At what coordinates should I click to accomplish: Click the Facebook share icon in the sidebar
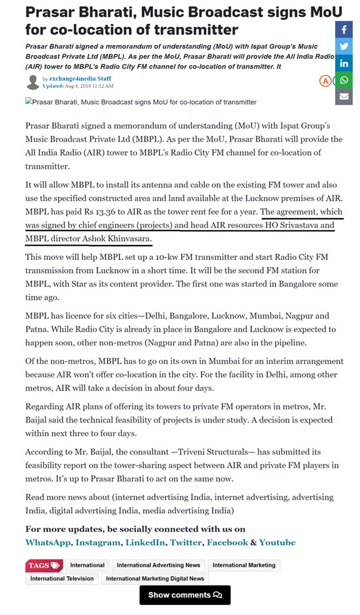tap(344, 29)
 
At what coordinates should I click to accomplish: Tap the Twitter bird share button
tap(344, 46)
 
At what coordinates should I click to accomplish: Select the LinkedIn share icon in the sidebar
tap(344, 63)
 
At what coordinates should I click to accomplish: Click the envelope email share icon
tap(344, 96)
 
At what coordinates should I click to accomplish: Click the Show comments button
tap(184, 594)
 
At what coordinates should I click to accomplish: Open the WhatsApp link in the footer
tap(47, 542)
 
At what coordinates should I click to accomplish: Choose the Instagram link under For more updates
tap(97, 542)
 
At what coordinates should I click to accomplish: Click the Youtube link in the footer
tap(277, 542)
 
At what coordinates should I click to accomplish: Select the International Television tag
tap(62, 579)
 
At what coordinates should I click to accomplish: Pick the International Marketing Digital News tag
tap(155, 579)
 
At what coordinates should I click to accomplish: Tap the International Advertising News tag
tap(158, 565)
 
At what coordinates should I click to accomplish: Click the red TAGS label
tap(44, 565)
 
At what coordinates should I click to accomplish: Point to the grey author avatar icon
tap(32, 82)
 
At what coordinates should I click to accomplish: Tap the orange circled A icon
tap(325, 81)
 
